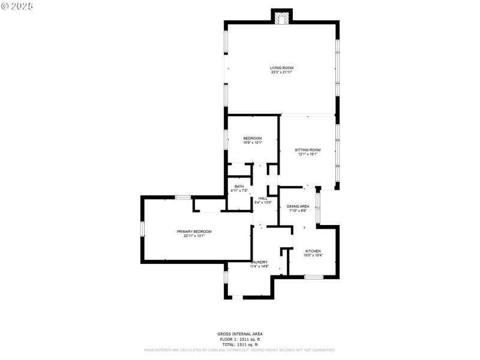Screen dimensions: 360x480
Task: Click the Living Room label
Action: click(x=281, y=68)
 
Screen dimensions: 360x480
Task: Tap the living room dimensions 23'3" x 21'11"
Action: click(x=281, y=73)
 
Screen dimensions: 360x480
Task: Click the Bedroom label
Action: click(x=252, y=139)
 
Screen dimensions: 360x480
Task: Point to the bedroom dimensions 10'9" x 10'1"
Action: click(x=252, y=143)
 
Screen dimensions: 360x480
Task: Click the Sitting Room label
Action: click(x=307, y=150)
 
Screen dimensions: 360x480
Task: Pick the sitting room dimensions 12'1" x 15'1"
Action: click(x=307, y=154)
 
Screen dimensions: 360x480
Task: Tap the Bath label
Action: click(x=239, y=187)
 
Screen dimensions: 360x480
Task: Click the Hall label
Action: click(x=263, y=198)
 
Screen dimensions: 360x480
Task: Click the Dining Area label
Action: click(x=298, y=206)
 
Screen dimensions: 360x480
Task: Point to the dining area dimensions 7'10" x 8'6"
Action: click(x=298, y=211)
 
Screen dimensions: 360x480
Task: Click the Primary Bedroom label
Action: click(x=194, y=232)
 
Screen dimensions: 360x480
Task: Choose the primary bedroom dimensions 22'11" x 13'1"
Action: click(x=194, y=236)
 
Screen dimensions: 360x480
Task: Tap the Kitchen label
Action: click(x=313, y=251)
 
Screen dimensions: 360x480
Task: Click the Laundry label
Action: click(x=259, y=262)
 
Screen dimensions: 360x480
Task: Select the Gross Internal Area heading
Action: click(x=239, y=334)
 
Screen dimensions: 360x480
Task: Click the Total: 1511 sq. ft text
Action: click(x=239, y=344)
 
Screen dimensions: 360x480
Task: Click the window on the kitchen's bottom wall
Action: click(x=313, y=277)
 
